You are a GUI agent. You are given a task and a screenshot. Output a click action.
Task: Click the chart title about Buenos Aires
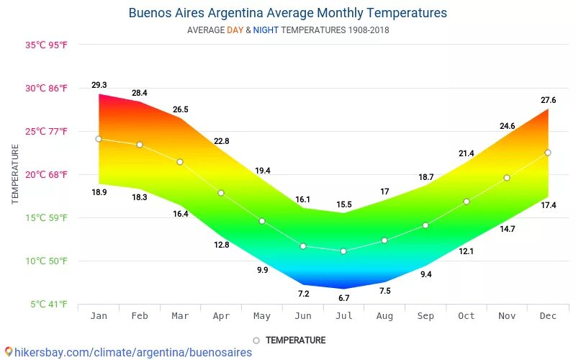coord(287,13)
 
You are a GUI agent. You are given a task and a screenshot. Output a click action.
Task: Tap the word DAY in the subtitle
coord(235,30)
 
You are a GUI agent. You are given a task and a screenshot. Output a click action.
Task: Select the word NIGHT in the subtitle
coord(266,30)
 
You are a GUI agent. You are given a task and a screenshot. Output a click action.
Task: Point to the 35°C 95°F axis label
coord(48,45)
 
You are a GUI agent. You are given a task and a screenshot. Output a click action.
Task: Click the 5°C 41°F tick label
coord(49,305)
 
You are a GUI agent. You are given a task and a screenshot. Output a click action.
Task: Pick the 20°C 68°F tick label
coord(48,175)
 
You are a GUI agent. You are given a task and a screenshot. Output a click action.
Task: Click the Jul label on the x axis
coord(343,316)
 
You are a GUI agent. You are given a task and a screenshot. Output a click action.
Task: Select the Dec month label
coord(548,316)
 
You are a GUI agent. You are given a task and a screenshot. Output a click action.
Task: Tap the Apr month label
coord(221,316)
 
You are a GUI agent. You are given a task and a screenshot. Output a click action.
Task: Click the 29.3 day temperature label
coord(99,86)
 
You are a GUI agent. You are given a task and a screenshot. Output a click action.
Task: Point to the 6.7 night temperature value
coord(343,298)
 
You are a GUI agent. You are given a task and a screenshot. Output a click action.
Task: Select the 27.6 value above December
coord(549,100)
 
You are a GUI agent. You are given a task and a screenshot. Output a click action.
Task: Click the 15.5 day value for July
coord(343,205)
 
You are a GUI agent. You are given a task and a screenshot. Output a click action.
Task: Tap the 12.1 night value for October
coord(467,251)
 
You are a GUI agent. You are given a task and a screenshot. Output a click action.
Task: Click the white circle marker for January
coord(99,139)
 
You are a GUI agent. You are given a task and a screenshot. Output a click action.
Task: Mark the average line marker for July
coord(343,251)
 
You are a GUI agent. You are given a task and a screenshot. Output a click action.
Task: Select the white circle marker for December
coord(548,153)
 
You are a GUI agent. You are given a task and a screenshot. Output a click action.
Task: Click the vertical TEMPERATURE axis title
coord(15,174)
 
